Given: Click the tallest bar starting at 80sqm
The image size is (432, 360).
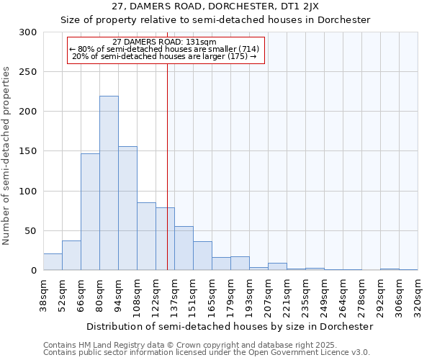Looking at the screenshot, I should tap(109, 184).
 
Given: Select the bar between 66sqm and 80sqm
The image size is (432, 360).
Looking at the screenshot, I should tap(90, 212).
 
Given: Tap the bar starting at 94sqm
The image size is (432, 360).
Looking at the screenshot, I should tap(127, 209).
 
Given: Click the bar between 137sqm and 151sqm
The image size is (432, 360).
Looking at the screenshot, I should tap(184, 248).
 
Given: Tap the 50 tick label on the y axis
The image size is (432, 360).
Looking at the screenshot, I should tap(31, 231).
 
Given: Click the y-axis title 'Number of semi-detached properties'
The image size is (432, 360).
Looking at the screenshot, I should tap(6, 156).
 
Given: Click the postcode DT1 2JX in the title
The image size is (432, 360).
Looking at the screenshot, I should tap(288, 6).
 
